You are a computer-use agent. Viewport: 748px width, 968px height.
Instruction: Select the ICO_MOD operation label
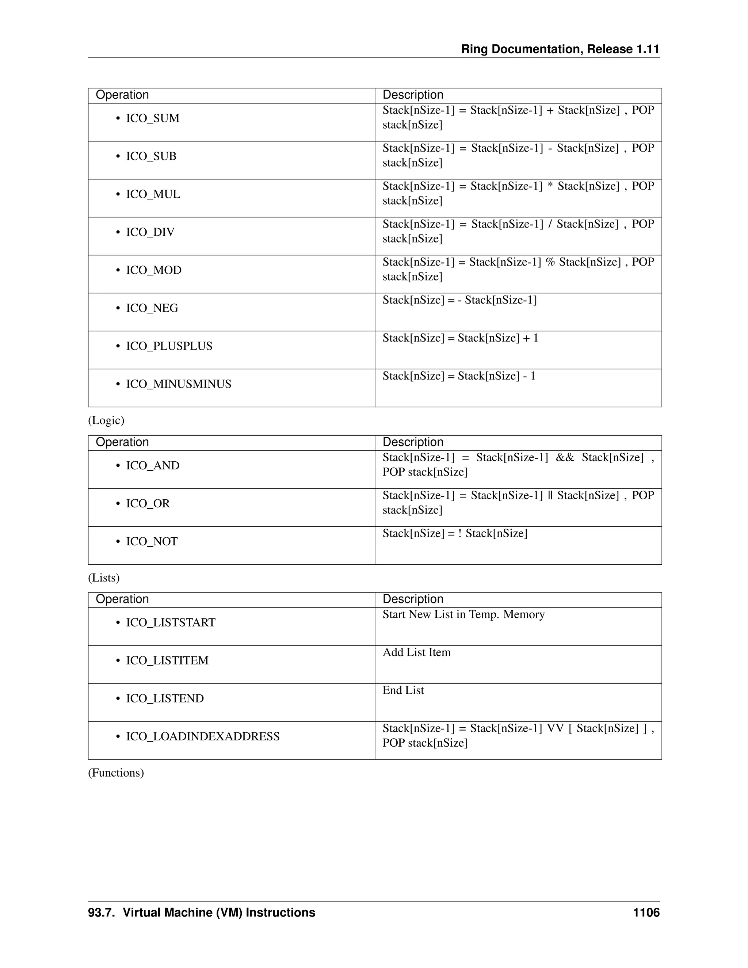pos(153,270)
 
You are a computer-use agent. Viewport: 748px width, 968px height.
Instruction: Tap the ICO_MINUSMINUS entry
pos(178,384)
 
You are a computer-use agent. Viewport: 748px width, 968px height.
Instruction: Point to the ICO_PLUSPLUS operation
pos(169,346)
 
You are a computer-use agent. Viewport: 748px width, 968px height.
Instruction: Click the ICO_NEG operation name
pos(152,308)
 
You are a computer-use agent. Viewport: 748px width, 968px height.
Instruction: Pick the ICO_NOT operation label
pos(152,542)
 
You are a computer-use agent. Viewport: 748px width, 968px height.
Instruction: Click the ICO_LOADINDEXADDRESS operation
pos(202,737)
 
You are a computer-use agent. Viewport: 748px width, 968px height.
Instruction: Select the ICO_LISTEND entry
pos(164,698)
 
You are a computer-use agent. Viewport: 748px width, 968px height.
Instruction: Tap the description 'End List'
pos(403,690)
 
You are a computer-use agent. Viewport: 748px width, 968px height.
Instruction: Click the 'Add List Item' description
pos(416,652)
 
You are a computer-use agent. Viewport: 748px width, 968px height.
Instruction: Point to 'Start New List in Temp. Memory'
pos(463,614)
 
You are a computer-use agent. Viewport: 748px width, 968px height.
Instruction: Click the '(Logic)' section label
pos(106,420)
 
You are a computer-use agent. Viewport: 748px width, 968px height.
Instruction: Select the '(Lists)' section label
pos(104,578)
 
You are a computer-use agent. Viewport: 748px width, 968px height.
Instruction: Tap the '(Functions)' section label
pos(116,773)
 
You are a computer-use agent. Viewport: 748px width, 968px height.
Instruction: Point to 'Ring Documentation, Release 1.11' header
pos(560,49)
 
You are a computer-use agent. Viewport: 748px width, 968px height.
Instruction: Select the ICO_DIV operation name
pos(150,232)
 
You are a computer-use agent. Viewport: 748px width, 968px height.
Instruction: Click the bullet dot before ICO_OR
pos(118,504)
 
